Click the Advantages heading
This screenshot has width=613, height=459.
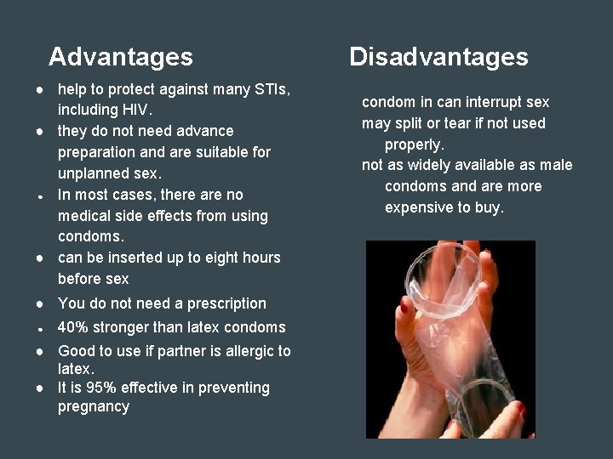[121, 57]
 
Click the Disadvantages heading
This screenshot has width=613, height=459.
[438, 57]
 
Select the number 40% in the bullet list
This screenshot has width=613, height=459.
[74, 327]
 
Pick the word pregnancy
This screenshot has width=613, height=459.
[94, 406]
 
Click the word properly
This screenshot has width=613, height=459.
[415, 144]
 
